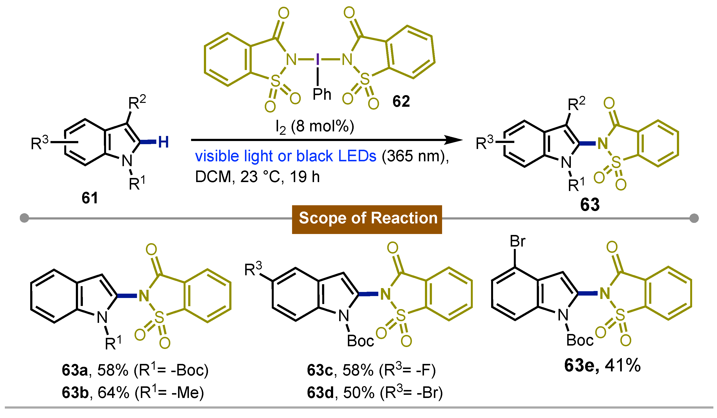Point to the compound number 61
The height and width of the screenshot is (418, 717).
click(x=90, y=198)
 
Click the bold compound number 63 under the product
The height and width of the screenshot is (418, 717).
click(x=590, y=205)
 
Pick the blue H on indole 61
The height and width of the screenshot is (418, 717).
click(x=163, y=142)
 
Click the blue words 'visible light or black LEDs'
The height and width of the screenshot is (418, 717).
click(x=285, y=156)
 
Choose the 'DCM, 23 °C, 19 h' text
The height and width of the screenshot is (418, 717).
click(x=257, y=177)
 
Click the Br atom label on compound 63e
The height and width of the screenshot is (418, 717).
click(x=517, y=241)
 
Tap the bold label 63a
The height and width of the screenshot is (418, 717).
click(x=75, y=370)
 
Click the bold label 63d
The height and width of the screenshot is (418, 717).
click(x=320, y=393)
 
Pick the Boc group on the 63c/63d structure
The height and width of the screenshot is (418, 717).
click(x=360, y=341)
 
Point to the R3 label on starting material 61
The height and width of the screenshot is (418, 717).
click(x=40, y=143)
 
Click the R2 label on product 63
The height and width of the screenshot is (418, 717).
click(x=576, y=104)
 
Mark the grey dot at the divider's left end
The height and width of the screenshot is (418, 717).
click(x=24, y=218)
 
